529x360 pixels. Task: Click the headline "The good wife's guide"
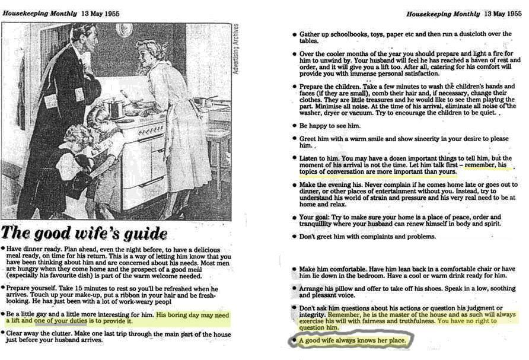pos(84,232)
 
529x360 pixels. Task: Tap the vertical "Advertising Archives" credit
pos(235,49)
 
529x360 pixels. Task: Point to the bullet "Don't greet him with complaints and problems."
pos(368,237)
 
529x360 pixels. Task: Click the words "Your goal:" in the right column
pos(312,216)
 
